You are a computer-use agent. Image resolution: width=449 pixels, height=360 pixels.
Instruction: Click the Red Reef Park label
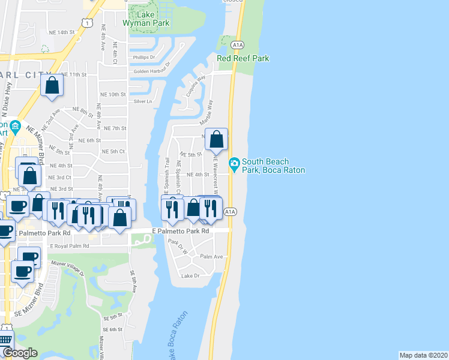pyautogui.click(x=243, y=58)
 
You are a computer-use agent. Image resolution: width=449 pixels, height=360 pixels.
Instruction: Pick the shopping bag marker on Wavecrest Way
pyautogui.click(x=217, y=139)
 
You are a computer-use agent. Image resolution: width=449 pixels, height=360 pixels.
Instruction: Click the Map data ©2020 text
pyautogui.click(x=423, y=355)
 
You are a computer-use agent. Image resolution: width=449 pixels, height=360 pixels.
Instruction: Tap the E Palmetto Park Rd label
pyautogui.click(x=180, y=230)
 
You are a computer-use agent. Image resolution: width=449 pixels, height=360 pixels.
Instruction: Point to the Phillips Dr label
pyautogui.click(x=144, y=58)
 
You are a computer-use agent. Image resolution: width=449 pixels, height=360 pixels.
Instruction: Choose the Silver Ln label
pyautogui.click(x=143, y=101)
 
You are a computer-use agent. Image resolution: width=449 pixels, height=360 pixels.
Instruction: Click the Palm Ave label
pyautogui.click(x=211, y=256)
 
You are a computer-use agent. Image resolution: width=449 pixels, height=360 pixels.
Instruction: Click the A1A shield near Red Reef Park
pyautogui.click(x=237, y=44)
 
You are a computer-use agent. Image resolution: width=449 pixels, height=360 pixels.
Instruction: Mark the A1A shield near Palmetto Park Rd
pyautogui.click(x=229, y=212)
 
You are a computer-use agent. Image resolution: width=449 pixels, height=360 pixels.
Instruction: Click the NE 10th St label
pyautogui.click(x=113, y=95)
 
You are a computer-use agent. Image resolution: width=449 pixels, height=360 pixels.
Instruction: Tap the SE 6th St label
pyautogui.click(x=112, y=329)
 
